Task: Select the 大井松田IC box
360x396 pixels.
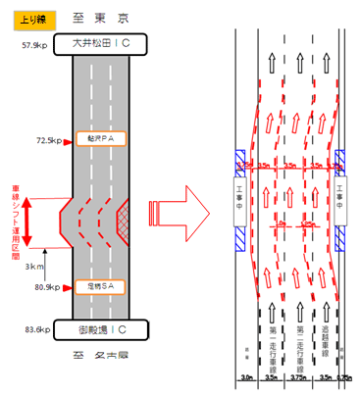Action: click(x=102, y=45)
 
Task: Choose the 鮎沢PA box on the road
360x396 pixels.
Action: click(x=101, y=140)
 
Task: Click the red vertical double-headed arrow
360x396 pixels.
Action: click(x=27, y=223)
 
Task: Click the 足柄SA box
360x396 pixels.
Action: click(x=101, y=288)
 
